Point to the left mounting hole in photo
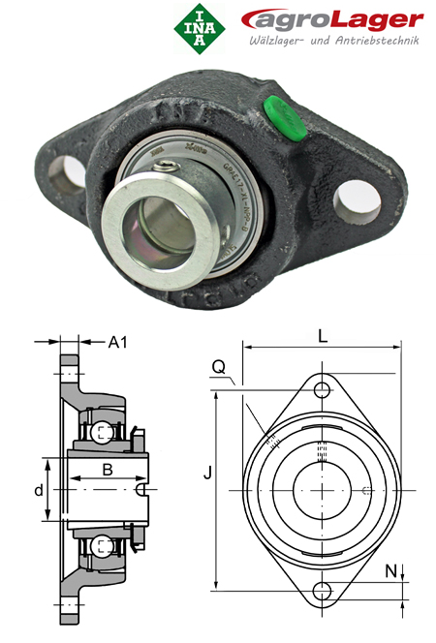69,173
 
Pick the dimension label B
109,470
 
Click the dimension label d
39,490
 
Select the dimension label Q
219,367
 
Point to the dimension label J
205,474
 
